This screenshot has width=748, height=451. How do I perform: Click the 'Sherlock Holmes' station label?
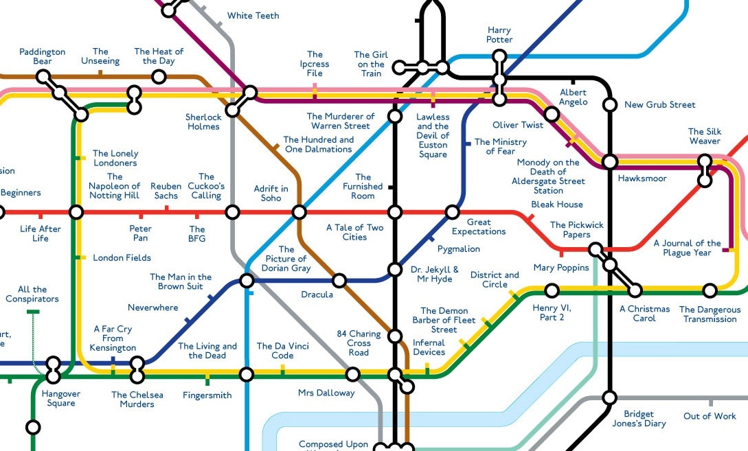point(203,122)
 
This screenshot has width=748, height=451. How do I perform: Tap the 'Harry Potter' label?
point(499,35)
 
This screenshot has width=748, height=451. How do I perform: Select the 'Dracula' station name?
point(317,294)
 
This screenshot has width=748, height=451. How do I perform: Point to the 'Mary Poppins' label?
point(561,267)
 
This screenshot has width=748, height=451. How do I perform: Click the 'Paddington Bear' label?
point(42,56)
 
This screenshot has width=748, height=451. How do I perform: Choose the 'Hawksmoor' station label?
point(642,178)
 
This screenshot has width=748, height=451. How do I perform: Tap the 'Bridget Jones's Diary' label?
point(639,419)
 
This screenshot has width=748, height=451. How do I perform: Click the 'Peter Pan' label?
point(140,233)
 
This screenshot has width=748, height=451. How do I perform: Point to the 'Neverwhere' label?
point(152,308)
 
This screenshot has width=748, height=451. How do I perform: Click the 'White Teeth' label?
point(253,16)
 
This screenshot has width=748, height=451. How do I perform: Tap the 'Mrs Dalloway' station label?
point(326,393)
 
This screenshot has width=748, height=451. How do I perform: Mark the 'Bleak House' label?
point(556,204)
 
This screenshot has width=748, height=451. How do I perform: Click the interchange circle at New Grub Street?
point(609,105)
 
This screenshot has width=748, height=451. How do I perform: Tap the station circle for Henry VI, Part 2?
point(552,290)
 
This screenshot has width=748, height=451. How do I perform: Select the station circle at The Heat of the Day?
point(159,76)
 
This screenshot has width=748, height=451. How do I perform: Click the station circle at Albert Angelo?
point(551,114)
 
